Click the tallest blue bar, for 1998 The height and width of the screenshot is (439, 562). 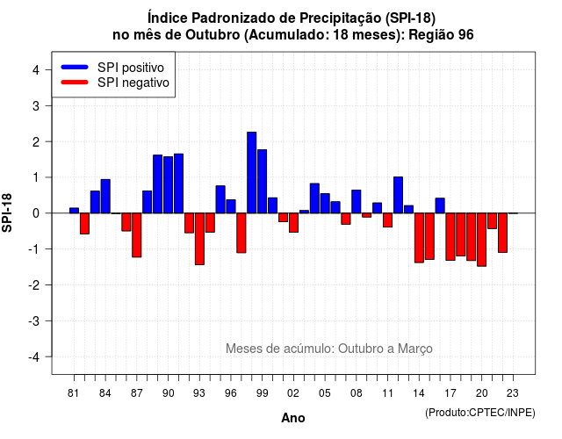point(252,173)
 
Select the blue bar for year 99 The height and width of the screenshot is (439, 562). point(262,182)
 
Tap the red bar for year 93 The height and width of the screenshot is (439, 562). point(199,239)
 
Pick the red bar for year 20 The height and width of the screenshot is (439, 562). point(482,240)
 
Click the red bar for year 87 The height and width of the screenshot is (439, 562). point(137,235)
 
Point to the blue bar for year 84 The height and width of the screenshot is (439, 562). point(105,197)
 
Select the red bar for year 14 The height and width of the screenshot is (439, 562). point(419,238)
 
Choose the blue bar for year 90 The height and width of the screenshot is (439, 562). point(168,185)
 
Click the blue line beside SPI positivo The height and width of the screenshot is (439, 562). point(75,67)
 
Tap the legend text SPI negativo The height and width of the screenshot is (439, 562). point(133,83)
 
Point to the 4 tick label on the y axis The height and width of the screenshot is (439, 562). point(36,70)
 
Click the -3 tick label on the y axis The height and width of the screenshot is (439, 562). point(34,320)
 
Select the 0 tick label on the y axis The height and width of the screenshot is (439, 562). point(36,213)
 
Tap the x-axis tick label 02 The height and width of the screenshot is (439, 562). point(293,393)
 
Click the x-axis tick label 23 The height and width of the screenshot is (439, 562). point(513,393)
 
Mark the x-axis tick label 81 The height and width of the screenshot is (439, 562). point(73,393)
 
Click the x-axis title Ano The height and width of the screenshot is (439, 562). point(293,418)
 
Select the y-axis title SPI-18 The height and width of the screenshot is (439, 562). point(7,212)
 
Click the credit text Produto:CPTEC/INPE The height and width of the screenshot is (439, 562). point(480,413)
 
